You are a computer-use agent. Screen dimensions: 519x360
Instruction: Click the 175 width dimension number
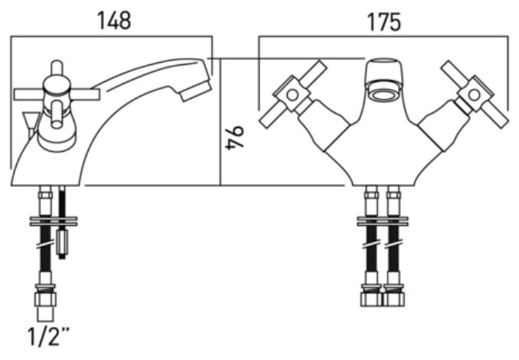click(384, 22)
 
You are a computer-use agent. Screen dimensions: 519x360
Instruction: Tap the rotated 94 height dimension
click(235, 138)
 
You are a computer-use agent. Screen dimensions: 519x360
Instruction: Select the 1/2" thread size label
click(48, 336)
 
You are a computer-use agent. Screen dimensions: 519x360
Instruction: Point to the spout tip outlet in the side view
click(196, 91)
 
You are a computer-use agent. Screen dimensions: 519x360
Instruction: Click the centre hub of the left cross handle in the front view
click(292, 95)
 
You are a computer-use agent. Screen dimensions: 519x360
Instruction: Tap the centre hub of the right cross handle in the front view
click(474, 95)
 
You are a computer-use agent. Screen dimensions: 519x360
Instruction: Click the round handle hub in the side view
click(57, 86)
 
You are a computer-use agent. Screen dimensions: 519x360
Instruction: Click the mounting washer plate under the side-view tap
click(54, 221)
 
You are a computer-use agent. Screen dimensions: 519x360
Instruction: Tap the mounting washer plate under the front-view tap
click(382, 221)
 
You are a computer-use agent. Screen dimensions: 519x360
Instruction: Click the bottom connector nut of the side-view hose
click(45, 299)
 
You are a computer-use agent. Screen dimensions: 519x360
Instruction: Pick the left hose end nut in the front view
click(371, 299)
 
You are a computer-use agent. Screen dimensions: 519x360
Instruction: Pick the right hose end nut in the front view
click(393, 299)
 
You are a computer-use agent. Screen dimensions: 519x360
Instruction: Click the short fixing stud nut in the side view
click(62, 241)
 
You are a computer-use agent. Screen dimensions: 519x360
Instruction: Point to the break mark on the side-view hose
click(46, 246)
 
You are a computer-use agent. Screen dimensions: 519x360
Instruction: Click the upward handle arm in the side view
click(57, 68)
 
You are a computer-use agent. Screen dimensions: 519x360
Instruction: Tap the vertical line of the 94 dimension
click(220, 122)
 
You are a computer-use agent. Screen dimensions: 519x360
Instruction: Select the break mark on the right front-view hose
click(393, 246)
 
